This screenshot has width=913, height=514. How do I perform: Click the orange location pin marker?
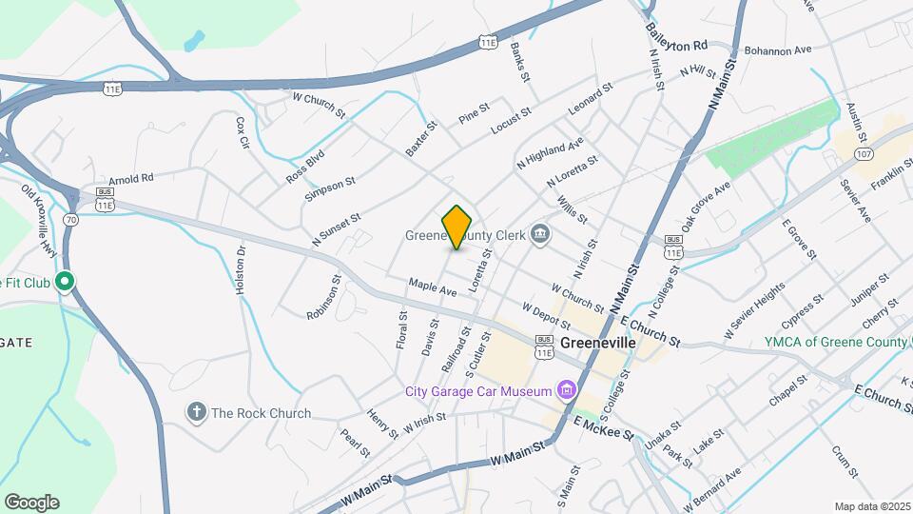457,227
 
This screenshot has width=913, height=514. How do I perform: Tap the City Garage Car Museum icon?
567,391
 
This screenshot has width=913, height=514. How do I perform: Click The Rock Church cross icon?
197,413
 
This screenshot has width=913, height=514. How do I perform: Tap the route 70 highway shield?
70,219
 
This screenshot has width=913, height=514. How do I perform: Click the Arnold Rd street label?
131,179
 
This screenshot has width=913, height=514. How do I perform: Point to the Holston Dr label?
242,269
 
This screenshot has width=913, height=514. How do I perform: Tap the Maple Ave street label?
433,287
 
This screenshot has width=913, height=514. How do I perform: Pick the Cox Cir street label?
243,132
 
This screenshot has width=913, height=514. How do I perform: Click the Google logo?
31,503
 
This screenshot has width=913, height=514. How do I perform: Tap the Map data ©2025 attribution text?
872,506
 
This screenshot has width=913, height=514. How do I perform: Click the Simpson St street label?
330,188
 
